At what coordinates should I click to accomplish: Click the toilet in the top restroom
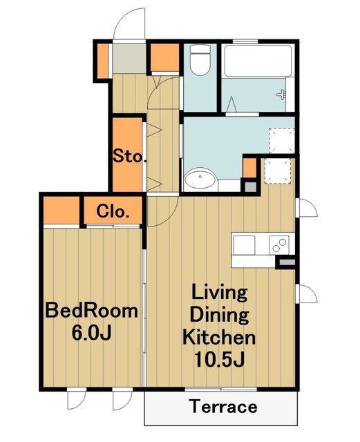coord(200,60)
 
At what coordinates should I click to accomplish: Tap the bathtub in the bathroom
coord(258,61)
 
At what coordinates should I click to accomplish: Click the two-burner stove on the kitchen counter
coord(279,244)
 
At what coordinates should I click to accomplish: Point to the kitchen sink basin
coord(244,245)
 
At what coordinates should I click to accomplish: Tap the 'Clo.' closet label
coord(113,211)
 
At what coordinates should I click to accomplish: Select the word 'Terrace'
coord(223,407)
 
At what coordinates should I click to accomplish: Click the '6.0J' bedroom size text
coord(92,333)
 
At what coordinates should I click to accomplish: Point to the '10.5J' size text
coord(219,360)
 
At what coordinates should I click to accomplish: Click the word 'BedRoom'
coord(92,311)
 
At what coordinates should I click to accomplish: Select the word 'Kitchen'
coord(219,337)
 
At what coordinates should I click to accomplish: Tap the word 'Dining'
coord(219,315)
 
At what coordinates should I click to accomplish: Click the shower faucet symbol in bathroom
coord(282,94)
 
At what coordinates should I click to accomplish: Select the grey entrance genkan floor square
coord(129,58)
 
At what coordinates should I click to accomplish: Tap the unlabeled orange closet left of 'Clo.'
coord(61,210)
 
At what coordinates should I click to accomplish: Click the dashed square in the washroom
coord(281,141)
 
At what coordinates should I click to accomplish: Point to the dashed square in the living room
coord(277,171)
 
